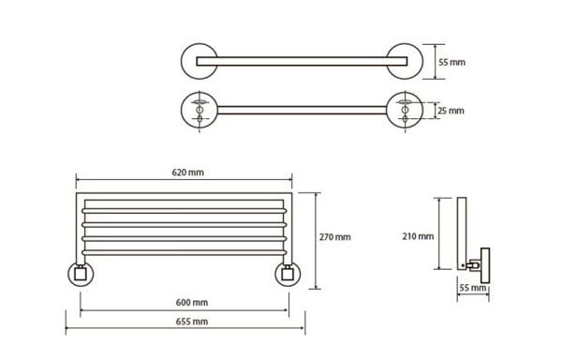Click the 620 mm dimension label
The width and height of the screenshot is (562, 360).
point(188,172)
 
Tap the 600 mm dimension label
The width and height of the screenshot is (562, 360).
point(192,303)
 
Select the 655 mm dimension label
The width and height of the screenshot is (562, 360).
point(192,322)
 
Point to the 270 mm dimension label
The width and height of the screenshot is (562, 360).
point(335,237)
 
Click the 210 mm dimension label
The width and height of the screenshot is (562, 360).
point(418,236)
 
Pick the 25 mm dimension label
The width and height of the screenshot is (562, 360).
point(451,111)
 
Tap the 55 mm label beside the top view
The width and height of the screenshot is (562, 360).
point(452,62)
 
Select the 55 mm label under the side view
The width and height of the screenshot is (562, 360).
point(473,288)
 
